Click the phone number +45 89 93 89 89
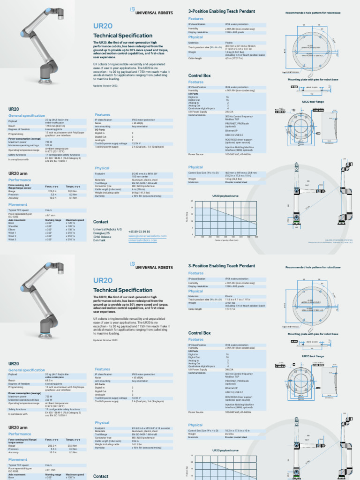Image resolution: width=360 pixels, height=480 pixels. click(139, 232)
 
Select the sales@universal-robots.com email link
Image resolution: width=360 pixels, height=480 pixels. click(147, 236)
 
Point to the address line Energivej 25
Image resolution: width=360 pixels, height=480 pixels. click(102, 232)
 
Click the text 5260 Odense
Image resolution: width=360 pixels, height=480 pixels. click(103, 236)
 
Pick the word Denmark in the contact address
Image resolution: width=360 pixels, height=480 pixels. click(99, 240)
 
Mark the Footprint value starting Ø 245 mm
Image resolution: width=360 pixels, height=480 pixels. click(146, 174)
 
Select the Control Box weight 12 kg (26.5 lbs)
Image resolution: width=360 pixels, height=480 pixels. click(233, 179)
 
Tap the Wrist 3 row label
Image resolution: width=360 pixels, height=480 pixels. click(12, 239)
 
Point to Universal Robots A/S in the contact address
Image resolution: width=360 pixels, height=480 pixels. click(107, 229)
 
